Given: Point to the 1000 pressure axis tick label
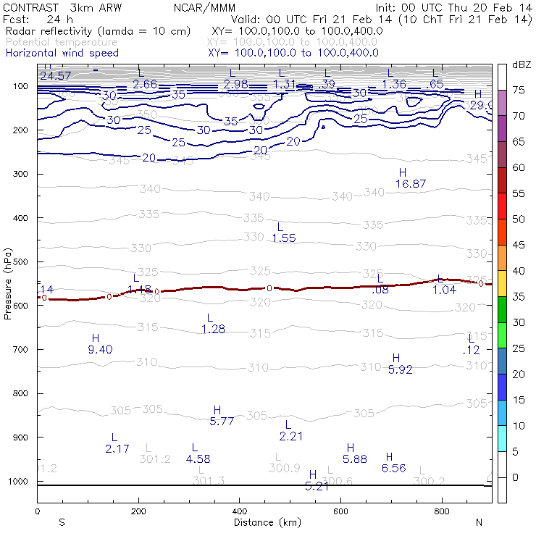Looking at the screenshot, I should click(x=22, y=482).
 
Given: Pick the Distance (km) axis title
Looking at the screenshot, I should click(x=264, y=522).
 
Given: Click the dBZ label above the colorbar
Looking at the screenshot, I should click(x=522, y=65).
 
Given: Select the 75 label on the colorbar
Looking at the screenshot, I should click(x=519, y=90).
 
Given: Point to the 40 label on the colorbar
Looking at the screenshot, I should click(x=519, y=271).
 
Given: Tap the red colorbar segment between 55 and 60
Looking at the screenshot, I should click(x=502, y=180).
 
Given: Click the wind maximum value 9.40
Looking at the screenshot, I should click(x=100, y=350).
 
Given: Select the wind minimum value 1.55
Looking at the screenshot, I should click(x=284, y=238).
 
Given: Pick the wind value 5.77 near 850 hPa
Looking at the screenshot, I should click(x=222, y=421).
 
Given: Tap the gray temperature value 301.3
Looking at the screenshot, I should click(x=208, y=481).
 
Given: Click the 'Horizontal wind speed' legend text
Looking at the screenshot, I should click(x=62, y=54).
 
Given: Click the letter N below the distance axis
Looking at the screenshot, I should click(x=479, y=522).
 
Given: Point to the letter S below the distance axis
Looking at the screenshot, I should click(x=62, y=522).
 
